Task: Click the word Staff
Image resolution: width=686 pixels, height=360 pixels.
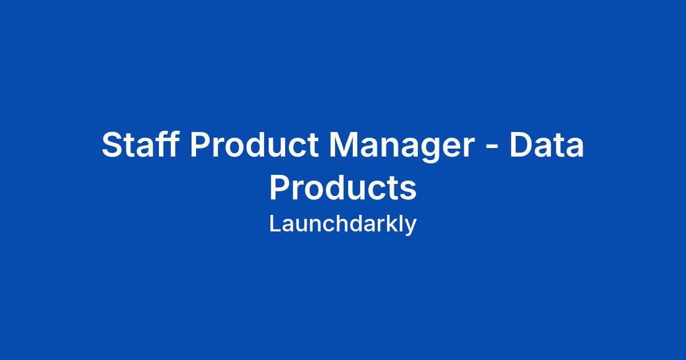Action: point(140,144)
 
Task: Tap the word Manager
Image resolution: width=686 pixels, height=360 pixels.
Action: point(402,147)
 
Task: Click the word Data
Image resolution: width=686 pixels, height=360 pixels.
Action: point(547,145)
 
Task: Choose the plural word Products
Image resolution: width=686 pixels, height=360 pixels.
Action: point(343,187)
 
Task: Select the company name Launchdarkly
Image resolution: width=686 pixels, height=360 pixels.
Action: point(343,225)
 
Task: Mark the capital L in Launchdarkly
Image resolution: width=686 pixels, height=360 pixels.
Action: point(275,223)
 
